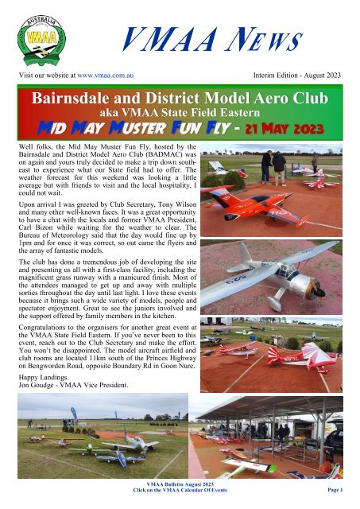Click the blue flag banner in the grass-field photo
tap(74, 414)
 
